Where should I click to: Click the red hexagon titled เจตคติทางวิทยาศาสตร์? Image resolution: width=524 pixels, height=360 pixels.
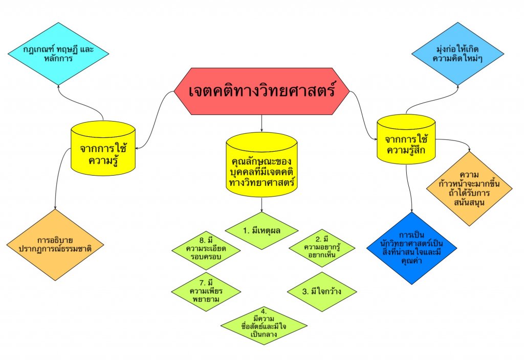click(x=261, y=92)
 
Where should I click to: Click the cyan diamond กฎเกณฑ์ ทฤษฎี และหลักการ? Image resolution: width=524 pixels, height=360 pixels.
click(x=58, y=54)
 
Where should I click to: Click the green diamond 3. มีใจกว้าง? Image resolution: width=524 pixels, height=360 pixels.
click(x=322, y=293)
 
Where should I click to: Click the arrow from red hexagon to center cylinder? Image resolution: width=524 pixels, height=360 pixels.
click(x=261, y=123)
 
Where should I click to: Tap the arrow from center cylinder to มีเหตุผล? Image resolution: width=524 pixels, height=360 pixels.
click(x=261, y=204)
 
